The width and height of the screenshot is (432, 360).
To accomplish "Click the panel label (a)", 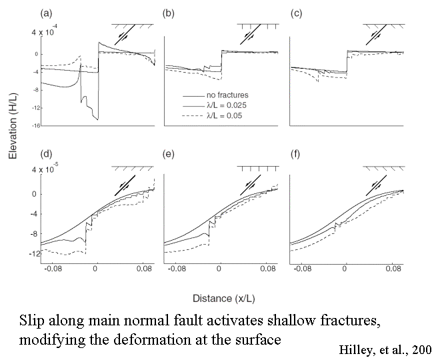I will (x=47, y=12).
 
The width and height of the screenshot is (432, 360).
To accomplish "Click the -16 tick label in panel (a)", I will (x=31, y=125).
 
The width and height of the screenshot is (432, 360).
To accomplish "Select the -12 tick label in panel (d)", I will (x=31, y=254).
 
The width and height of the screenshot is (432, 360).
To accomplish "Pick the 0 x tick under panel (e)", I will (x=220, y=271).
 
